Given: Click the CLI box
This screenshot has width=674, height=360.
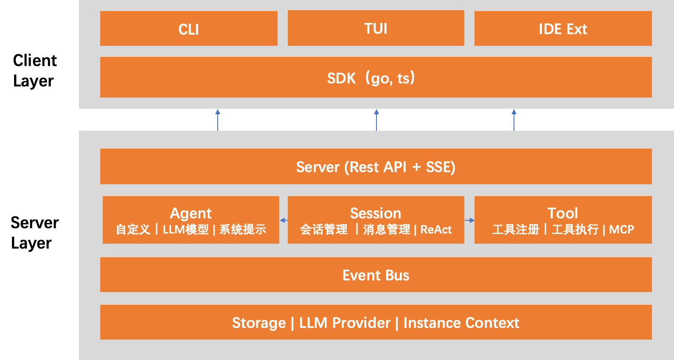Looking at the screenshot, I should click(x=188, y=28).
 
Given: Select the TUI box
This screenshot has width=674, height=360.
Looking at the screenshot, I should click(x=376, y=28).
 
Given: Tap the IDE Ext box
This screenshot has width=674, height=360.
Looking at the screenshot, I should click(x=563, y=28).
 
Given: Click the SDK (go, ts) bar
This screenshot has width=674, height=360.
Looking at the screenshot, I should click(x=376, y=77).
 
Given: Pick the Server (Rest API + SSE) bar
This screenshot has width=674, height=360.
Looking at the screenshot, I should click(x=376, y=166).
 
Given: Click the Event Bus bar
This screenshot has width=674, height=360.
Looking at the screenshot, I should click(x=376, y=275).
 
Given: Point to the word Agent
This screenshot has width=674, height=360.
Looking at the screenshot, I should click(x=191, y=213).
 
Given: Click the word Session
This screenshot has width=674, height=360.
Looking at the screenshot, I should click(x=376, y=213).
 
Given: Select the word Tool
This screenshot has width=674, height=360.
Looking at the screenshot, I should click(x=562, y=213).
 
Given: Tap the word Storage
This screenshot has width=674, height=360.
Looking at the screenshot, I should click(x=259, y=323).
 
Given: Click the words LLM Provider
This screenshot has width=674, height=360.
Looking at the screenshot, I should click(x=345, y=323).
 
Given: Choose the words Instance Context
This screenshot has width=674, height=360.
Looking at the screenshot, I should click(x=461, y=323).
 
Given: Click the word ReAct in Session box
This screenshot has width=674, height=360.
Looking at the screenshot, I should click(x=436, y=230).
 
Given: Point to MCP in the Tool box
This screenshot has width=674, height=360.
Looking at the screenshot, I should click(x=621, y=230).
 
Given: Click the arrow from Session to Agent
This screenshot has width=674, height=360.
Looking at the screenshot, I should click(x=284, y=220).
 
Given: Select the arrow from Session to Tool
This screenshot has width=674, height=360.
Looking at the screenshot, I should click(x=469, y=220).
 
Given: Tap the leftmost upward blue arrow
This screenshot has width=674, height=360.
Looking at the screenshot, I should click(x=218, y=120).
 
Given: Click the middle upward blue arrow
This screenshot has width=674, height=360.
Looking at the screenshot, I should click(x=376, y=120).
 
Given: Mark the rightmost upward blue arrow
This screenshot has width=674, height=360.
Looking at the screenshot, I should click(x=514, y=120).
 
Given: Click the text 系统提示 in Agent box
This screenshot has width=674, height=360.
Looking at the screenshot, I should click(x=243, y=230).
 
